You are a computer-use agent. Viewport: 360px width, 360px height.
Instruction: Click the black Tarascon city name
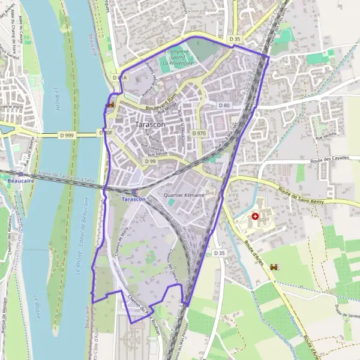(151, 124)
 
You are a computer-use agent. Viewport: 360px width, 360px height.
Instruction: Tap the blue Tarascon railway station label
(133, 199)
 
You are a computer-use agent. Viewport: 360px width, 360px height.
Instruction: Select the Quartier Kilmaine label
(185, 195)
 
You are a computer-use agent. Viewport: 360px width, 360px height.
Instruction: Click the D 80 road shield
(224, 106)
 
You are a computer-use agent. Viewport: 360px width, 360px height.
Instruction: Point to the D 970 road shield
(199, 133)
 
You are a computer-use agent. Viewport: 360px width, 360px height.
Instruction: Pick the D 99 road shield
(150, 161)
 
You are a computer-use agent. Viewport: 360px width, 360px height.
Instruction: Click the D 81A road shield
(119, 78)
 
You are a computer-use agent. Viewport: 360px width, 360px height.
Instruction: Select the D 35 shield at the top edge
(234, 39)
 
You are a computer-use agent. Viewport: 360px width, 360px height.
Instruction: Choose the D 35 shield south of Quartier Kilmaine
(219, 253)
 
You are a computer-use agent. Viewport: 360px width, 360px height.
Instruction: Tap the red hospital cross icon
(256, 216)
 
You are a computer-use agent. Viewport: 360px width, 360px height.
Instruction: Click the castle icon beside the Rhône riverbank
(110, 104)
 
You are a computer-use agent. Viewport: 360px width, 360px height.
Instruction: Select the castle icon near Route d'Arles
(275, 266)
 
